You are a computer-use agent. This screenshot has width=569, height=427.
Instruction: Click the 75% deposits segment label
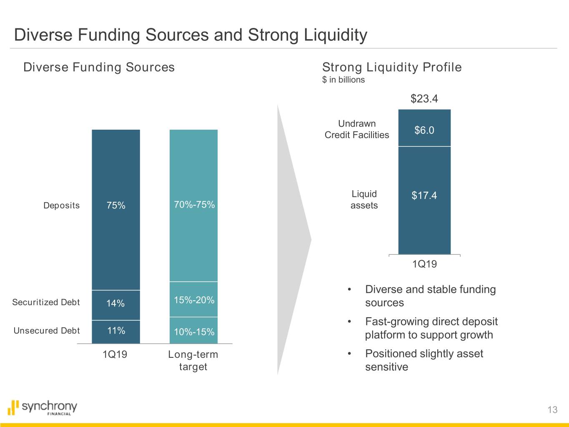pos(116,206)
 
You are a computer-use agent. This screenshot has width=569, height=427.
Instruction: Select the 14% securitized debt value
pos(115,304)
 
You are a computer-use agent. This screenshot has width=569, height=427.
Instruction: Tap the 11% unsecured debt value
pos(116,331)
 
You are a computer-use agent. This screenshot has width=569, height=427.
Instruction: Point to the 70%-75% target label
pos(194,205)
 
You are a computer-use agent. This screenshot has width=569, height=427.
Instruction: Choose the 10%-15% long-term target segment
pos(194,332)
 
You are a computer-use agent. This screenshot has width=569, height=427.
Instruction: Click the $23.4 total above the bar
pos(424,99)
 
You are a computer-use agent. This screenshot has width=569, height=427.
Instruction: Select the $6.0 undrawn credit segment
pos(424,131)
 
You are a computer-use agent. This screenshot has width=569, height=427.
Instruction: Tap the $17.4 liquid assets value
pos(424,196)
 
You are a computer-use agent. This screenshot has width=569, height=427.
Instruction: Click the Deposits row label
pos(61,206)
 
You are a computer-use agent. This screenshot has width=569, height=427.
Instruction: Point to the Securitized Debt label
pos(46,302)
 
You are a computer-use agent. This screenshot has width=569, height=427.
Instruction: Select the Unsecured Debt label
pos(47,331)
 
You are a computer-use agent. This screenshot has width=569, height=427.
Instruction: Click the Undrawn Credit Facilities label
pos(357,129)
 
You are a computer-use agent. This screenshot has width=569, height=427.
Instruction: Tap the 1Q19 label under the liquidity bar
pos(424,264)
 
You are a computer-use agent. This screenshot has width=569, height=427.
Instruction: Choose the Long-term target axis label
pos(193,360)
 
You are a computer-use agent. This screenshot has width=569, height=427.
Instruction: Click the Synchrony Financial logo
pos(43,407)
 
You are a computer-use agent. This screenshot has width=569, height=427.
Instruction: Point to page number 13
pos(552,409)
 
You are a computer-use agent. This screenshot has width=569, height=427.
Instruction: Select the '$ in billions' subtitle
pos(343,80)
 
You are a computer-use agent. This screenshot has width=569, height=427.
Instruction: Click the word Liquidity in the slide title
pos(335,35)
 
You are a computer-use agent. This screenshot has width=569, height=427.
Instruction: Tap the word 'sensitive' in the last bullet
pos(386,367)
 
